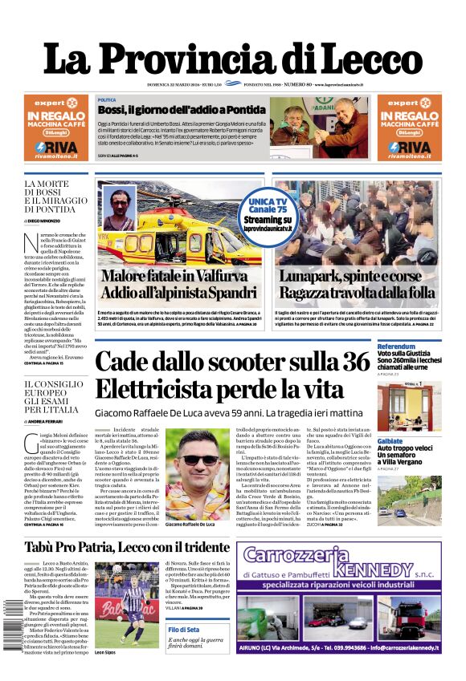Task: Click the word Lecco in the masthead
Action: [366, 59]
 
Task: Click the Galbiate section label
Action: [390, 441]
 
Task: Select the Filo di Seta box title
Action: [190, 630]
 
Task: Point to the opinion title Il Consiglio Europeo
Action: [51, 397]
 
